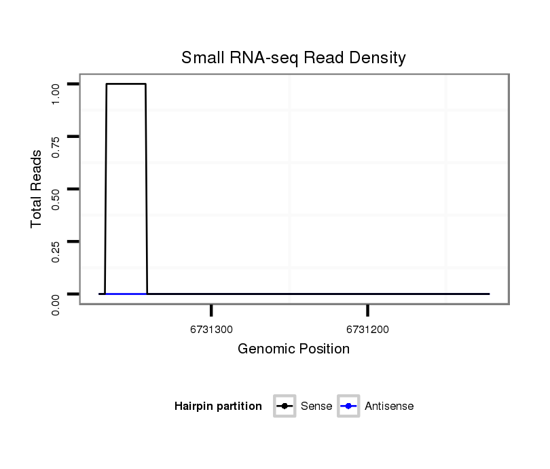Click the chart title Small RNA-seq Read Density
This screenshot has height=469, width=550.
click(293, 58)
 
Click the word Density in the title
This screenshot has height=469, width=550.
click(378, 58)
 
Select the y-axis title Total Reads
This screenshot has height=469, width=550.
click(37, 189)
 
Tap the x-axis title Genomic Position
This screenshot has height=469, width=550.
click(293, 349)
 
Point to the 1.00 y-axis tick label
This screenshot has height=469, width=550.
click(56, 93)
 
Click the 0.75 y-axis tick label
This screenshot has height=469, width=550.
click(56, 145)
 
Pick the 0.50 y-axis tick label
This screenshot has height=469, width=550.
click(56, 198)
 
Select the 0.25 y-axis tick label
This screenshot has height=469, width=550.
click(56, 250)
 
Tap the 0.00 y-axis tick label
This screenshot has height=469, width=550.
click(56, 303)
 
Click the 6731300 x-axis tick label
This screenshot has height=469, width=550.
click(211, 330)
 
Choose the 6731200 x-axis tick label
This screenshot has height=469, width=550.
click(367, 330)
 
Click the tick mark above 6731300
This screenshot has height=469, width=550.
click(211, 311)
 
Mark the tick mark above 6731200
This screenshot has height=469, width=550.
click(367, 311)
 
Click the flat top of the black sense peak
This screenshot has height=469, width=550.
click(126, 84)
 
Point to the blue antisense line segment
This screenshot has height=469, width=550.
click(126, 294)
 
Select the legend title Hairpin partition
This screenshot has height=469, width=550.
click(218, 406)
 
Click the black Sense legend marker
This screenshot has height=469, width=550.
click(285, 406)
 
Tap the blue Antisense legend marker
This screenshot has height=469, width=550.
click(348, 406)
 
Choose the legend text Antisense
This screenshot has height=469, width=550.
click(389, 406)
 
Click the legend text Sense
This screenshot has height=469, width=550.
click(316, 406)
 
